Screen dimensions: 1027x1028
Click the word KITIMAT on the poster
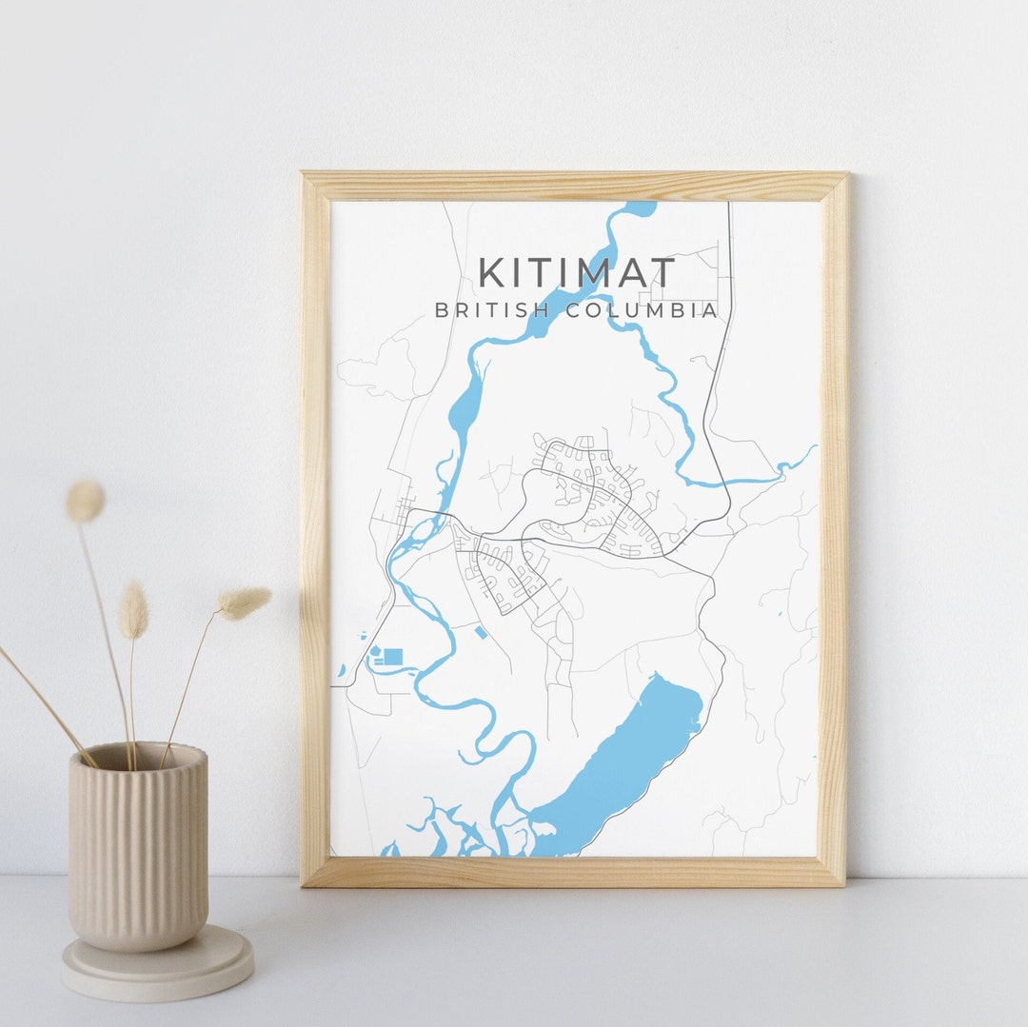coord(577,272)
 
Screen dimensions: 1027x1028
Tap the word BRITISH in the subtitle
coord(476,310)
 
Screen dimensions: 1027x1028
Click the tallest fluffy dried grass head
coord(86,501)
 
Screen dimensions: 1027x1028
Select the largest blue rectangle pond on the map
coord(393,656)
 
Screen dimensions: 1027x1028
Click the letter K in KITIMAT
coord(492,272)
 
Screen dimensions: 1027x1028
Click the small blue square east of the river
coord(480,632)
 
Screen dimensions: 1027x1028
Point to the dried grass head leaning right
coord(244,601)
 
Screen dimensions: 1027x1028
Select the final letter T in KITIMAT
coord(663,272)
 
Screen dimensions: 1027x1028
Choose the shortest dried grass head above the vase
coord(133,610)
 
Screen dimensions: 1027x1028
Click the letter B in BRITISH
coord(441,310)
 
